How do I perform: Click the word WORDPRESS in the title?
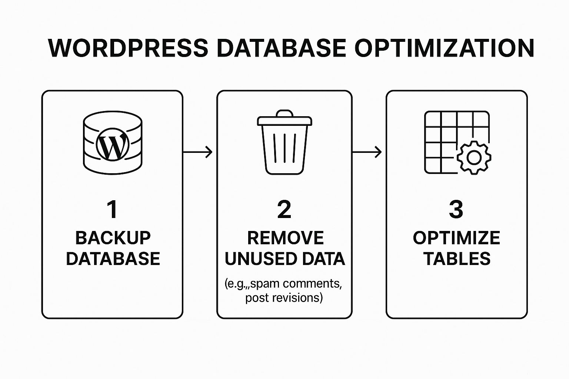point(128,48)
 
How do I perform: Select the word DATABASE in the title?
point(282,48)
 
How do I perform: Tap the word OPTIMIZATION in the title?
point(444,48)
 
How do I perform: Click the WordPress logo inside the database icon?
point(113,144)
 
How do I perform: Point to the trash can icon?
point(284,142)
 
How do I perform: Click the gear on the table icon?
point(474,158)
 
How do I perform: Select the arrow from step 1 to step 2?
point(197,152)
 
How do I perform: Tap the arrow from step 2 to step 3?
point(367,152)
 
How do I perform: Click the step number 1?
point(112,209)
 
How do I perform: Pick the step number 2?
point(284,209)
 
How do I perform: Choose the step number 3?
point(456,209)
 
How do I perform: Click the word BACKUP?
point(113,238)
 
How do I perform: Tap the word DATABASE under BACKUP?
point(113,259)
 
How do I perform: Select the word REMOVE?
point(286,238)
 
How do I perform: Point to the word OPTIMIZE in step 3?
point(456,238)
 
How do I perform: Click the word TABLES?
point(457,259)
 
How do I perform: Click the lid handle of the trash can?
point(284,113)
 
